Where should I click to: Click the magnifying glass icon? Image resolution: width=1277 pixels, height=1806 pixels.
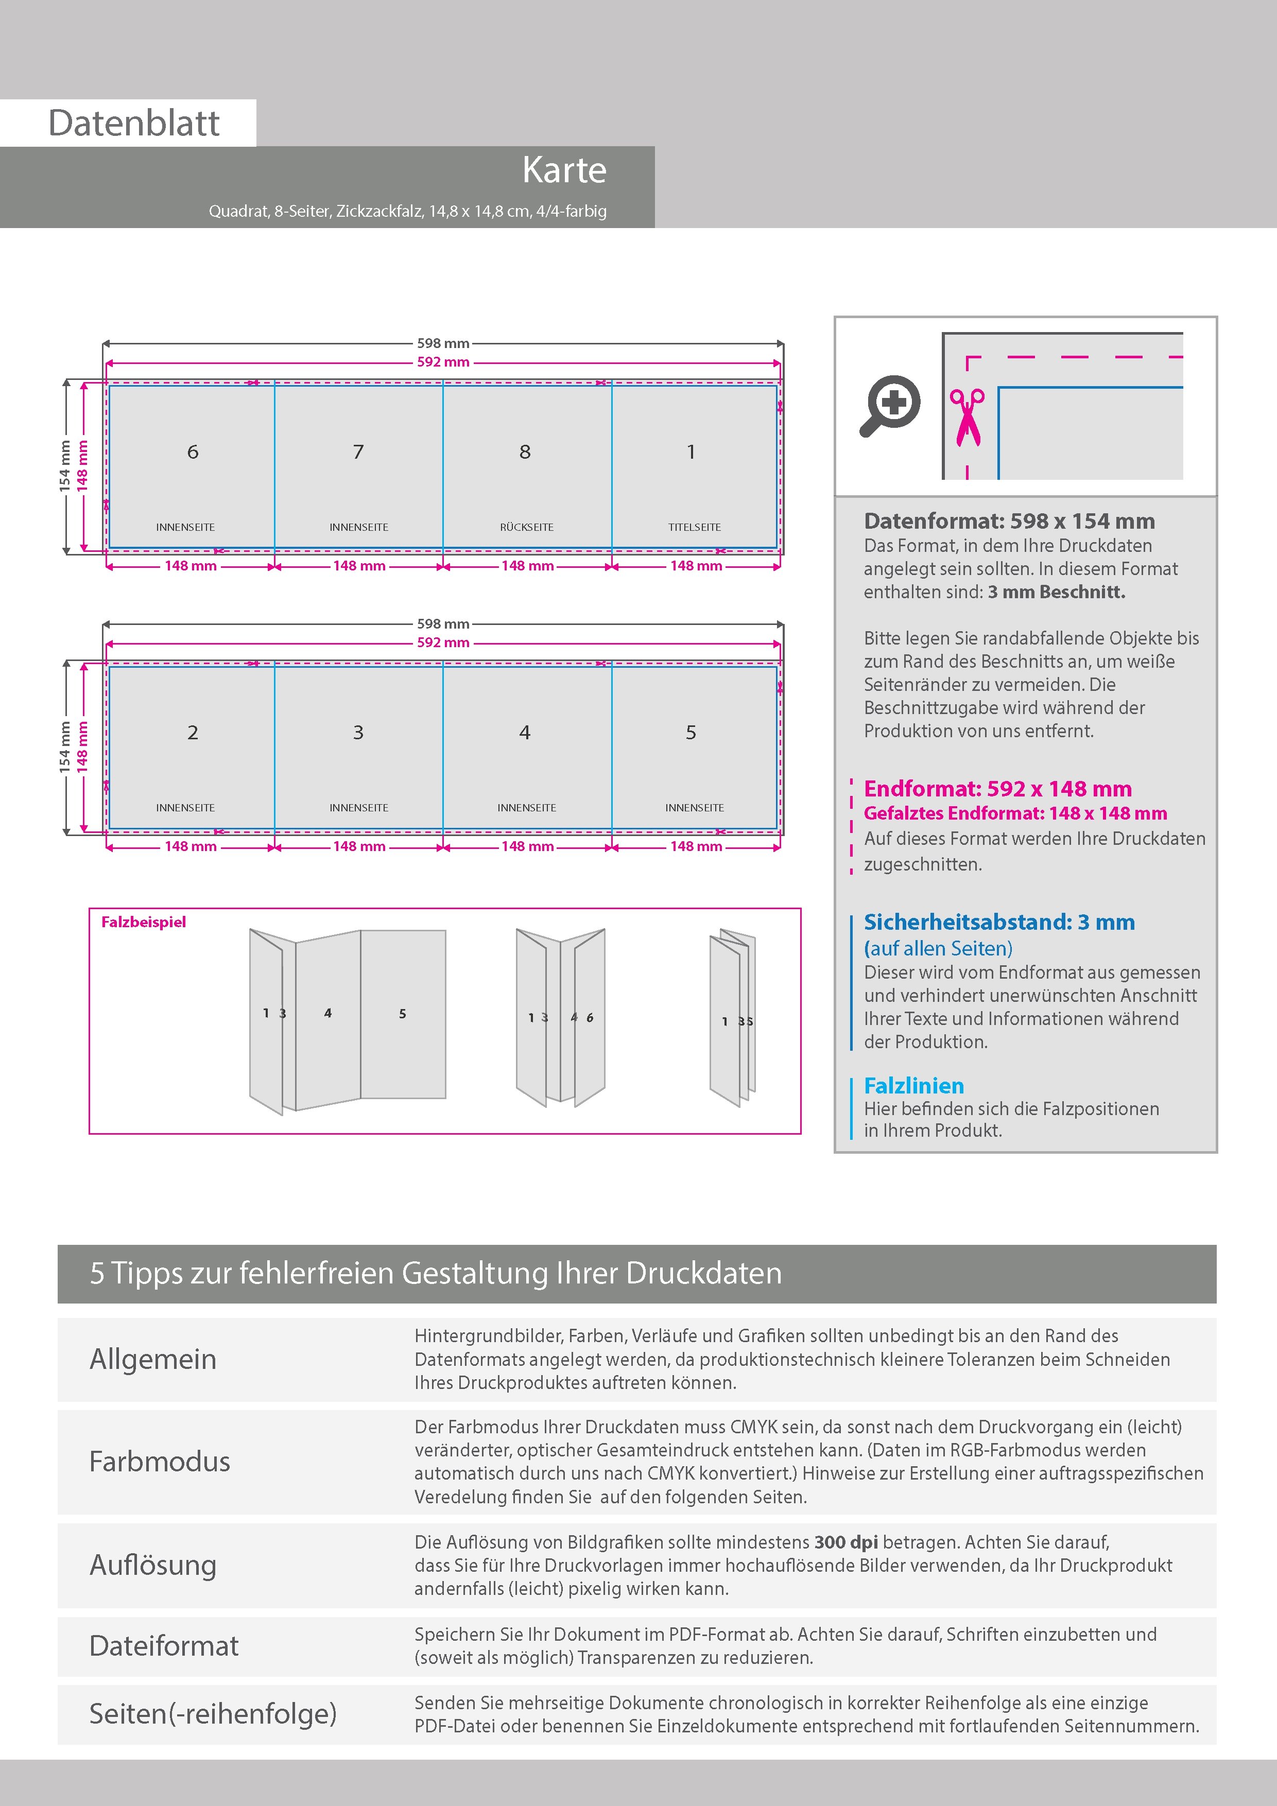890,406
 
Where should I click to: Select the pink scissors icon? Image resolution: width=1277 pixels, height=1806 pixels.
967,417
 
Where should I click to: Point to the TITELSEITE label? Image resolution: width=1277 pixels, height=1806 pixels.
695,527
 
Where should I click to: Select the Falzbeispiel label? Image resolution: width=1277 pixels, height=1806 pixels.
144,922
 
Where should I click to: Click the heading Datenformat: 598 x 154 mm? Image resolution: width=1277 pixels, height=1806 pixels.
1009,520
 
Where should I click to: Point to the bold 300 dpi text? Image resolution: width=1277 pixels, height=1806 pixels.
846,1542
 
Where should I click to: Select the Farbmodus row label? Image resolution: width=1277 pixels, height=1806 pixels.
160,1462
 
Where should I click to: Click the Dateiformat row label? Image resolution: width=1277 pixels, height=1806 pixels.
164,1645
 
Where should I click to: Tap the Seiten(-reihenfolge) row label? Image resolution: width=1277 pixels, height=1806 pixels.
213,1713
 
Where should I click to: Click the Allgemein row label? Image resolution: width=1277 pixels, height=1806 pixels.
152,1359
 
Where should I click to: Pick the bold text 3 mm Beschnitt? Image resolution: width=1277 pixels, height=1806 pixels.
1057,592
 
